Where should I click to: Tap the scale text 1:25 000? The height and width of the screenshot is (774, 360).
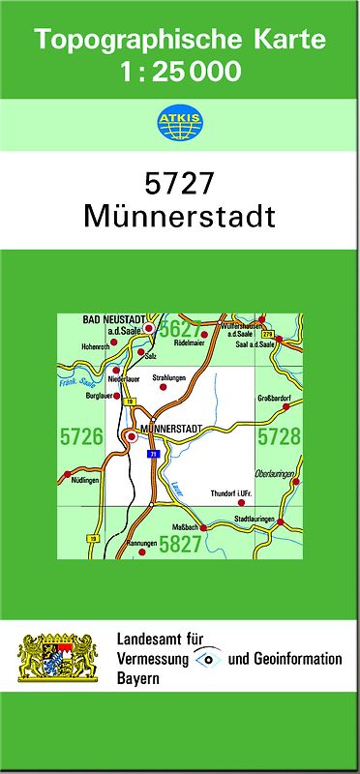pyautogui.click(x=181, y=71)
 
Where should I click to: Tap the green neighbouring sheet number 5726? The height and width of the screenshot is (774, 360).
pyautogui.click(x=80, y=437)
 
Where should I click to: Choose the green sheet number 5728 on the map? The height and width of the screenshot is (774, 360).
pyautogui.click(x=279, y=437)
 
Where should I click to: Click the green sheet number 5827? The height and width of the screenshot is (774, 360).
pyautogui.click(x=180, y=545)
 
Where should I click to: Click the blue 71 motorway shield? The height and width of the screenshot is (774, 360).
pyautogui.click(x=152, y=453)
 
